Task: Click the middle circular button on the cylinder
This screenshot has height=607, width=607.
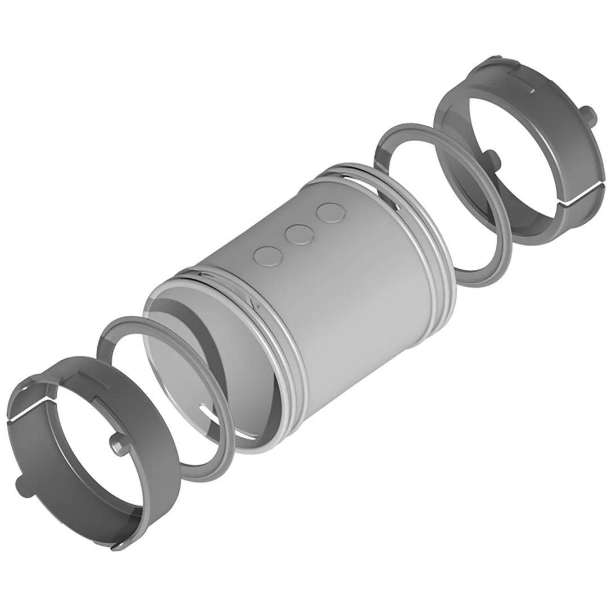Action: (298, 234)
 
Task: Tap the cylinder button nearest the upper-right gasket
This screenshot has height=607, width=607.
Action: (330, 212)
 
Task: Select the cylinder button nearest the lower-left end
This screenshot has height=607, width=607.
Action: (267, 256)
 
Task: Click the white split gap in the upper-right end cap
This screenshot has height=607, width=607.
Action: (579, 195)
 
